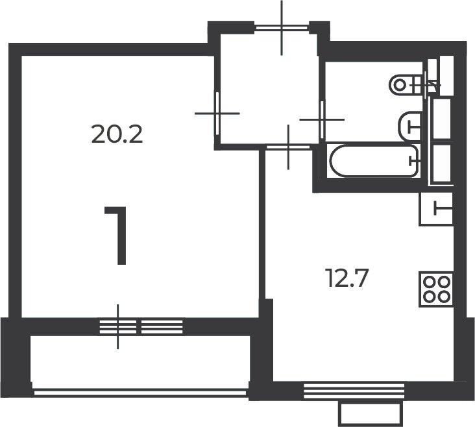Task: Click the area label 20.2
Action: pyautogui.click(x=117, y=134)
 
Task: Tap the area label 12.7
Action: pyautogui.click(x=347, y=278)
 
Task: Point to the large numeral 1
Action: pyautogui.click(x=116, y=236)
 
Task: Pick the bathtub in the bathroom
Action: pyautogui.click(x=374, y=161)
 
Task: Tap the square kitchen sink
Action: pyautogui.click(x=436, y=209)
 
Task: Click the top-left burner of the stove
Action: pyautogui.click(x=429, y=282)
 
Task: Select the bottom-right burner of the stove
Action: pyautogui.click(x=444, y=297)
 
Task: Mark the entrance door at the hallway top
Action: pyautogui.click(x=282, y=28)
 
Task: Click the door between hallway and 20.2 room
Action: pyautogui.click(x=217, y=114)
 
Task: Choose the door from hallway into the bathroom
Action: pyautogui.click(x=322, y=119)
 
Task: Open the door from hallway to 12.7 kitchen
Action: pyautogui.click(x=288, y=147)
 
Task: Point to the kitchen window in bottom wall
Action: pyautogui.click(x=354, y=391)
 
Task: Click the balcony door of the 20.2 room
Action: pyautogui.click(x=118, y=326)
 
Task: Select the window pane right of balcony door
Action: pyautogui.click(x=162, y=326)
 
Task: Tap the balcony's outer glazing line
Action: pyautogui.click(x=140, y=393)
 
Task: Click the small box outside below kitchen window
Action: pyautogui.click(x=371, y=413)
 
